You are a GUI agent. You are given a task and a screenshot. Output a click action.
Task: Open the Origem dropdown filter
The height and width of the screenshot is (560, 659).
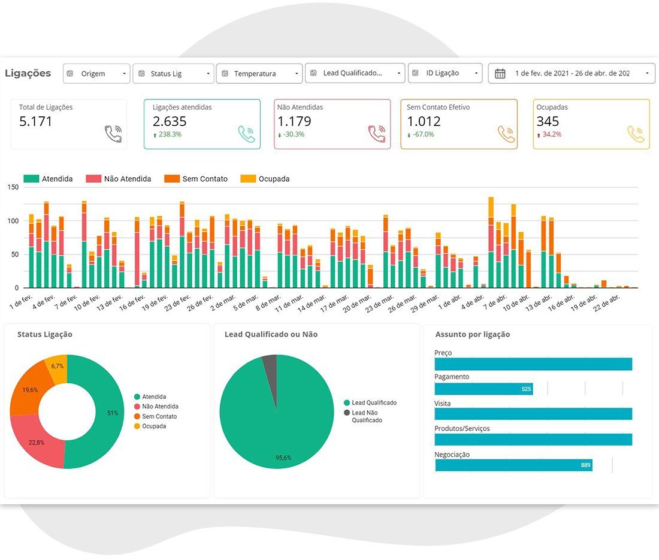[96, 74]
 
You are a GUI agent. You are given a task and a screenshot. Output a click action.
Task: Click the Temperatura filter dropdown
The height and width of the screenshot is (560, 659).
[259, 74]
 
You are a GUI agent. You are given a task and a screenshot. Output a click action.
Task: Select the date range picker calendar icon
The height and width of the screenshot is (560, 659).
[500, 74]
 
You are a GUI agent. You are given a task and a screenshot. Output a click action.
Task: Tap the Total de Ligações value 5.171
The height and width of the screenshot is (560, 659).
[36, 122]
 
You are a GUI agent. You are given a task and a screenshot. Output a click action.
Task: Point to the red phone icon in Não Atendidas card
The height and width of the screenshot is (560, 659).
[377, 134]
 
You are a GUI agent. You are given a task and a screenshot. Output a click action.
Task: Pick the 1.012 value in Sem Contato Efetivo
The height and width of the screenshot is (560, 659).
[424, 122]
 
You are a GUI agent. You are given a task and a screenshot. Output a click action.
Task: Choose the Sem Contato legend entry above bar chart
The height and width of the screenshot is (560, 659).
[196, 178]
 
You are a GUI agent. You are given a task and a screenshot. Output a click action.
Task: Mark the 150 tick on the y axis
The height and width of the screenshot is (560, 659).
[13, 187]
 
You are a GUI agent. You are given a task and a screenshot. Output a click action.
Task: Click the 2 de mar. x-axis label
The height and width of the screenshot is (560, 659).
[223, 303]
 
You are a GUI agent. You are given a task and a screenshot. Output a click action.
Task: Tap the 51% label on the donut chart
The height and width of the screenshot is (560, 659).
[113, 413]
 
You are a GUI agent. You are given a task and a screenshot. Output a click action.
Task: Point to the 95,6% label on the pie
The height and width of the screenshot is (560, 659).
[283, 458]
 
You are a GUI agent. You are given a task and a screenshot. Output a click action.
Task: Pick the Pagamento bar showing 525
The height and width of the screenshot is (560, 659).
[483, 389]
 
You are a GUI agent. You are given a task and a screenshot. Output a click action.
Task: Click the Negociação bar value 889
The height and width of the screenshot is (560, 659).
[585, 465]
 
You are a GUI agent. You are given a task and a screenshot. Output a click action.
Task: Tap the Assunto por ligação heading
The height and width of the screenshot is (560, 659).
[473, 334]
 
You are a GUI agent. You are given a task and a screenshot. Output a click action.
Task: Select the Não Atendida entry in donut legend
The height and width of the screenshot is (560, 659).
[156, 407]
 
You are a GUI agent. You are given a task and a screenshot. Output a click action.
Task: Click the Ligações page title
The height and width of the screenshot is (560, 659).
[28, 73]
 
